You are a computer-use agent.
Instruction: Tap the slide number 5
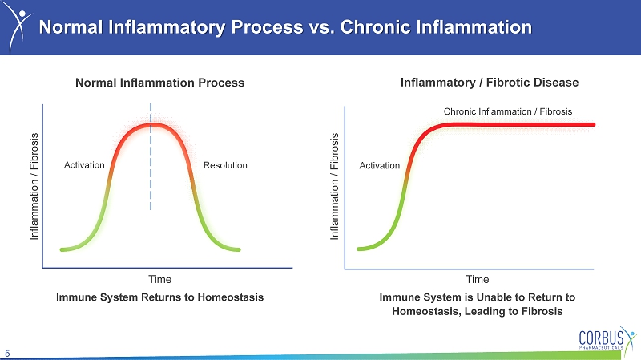coord(7,354)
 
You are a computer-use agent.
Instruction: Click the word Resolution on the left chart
coord(225,165)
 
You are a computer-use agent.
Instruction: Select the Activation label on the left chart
coord(84,165)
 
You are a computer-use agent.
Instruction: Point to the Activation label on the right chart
coord(379,165)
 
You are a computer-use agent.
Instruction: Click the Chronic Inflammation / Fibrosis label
coord(508,111)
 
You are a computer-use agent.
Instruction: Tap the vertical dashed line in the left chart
coord(151,156)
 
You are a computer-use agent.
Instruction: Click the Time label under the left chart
coord(159,279)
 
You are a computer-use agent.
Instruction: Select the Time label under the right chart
coord(478,279)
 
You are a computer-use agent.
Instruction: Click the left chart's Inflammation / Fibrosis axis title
coord(34,186)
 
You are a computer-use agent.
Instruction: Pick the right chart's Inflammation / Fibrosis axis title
coord(334,186)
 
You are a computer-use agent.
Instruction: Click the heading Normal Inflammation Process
coord(159,83)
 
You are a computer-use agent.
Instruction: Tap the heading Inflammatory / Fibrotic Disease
coord(490,83)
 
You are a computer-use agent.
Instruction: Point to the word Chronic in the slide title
coord(376,27)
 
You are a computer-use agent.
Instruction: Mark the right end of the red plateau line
coord(594,124)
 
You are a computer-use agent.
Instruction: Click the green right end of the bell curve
coord(238,249)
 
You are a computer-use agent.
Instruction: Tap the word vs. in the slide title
coord(322,27)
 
